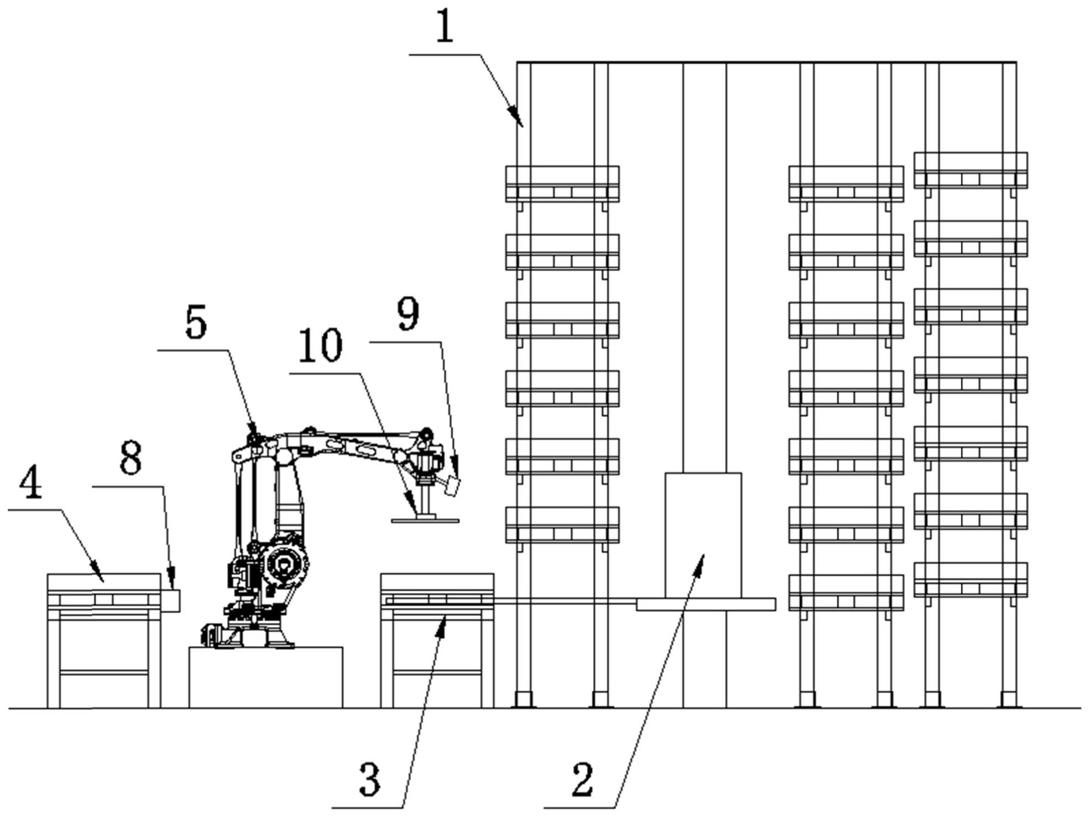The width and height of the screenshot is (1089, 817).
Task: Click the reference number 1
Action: (x=444, y=27)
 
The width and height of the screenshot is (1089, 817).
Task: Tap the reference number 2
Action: (x=582, y=779)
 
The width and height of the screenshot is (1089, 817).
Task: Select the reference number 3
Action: (x=370, y=779)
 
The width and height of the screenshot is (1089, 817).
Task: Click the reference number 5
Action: (x=196, y=323)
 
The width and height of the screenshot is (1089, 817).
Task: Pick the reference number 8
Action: (x=131, y=459)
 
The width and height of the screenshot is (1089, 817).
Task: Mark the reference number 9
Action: (x=408, y=314)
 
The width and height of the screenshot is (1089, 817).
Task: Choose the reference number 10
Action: (x=320, y=345)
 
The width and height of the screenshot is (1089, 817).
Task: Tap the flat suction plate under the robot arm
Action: (x=425, y=520)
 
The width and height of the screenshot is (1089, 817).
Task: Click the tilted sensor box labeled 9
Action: (x=452, y=487)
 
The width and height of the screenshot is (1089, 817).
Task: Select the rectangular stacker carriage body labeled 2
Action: (x=703, y=535)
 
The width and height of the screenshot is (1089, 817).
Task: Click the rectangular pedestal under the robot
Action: (x=265, y=677)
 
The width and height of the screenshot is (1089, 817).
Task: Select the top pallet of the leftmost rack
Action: (x=561, y=184)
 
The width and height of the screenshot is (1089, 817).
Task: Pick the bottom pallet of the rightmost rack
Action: (x=970, y=580)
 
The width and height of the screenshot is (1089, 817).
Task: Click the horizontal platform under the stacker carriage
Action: (x=705, y=604)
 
